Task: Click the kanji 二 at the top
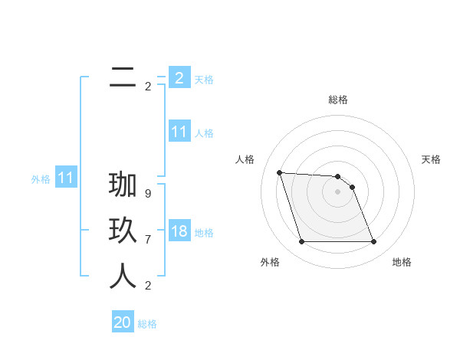123,77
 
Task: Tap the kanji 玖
123,231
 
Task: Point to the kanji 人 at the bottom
123,277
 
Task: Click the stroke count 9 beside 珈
148,194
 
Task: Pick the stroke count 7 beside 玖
148,240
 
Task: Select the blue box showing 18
179,232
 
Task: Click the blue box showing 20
123,323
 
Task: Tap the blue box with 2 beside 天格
179,78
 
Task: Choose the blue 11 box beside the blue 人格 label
179,132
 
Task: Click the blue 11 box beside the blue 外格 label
66,178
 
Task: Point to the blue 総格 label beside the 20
147,324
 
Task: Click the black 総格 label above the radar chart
338,100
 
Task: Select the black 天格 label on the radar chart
432,159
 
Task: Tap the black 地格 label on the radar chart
402,262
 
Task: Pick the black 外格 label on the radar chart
270,262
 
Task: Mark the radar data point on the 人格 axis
279,172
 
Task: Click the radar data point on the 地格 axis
373,242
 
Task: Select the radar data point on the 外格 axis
301,242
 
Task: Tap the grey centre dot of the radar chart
338,191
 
